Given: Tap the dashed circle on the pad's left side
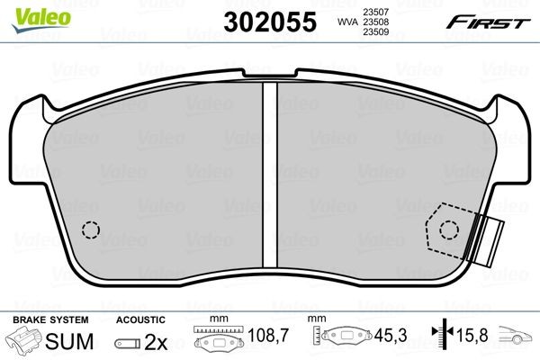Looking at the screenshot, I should tap(90, 230).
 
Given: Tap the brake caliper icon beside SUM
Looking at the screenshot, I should tap(25, 341).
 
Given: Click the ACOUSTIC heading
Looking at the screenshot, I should tap(140, 319).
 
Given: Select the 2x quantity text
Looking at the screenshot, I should tap(157, 341).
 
